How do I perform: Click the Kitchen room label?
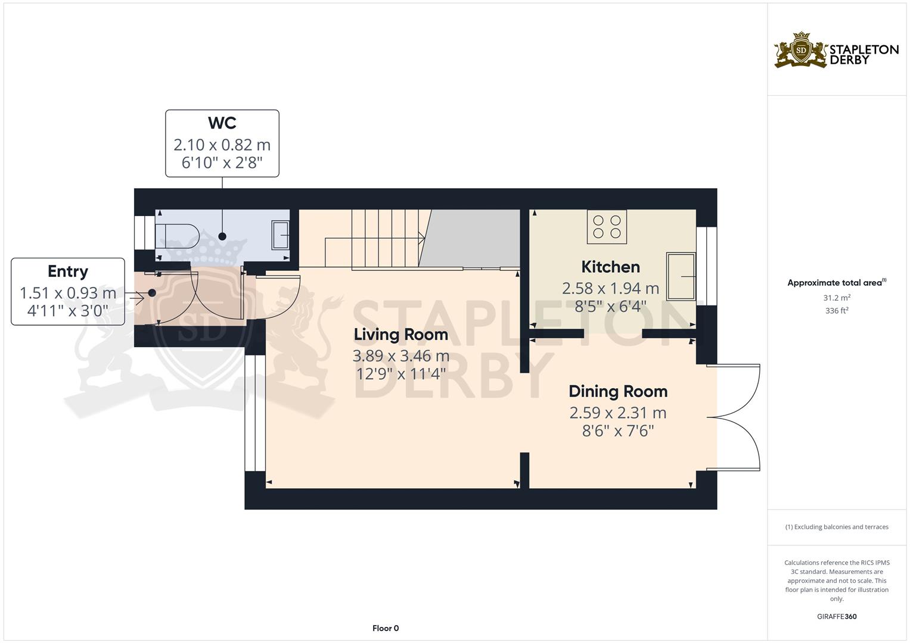click(611, 267)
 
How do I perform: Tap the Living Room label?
click(401, 335)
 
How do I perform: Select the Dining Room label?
click(618, 391)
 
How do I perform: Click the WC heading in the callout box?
click(222, 123)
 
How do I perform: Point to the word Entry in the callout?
click(68, 271)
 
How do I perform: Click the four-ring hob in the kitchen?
click(607, 226)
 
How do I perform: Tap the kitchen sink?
click(681, 276)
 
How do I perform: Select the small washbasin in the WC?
click(280, 235)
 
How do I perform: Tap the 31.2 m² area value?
click(837, 298)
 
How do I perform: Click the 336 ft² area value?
click(837, 311)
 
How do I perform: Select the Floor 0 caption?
click(386, 628)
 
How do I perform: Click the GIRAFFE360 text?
click(837, 616)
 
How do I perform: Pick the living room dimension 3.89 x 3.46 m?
click(401, 356)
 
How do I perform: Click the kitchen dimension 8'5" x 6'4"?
click(611, 306)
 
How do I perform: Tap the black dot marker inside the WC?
click(222, 236)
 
